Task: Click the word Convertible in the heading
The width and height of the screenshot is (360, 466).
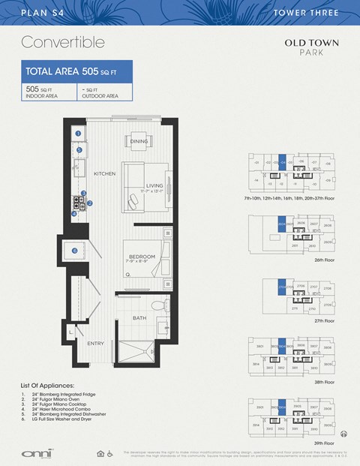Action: pyautogui.click(x=62, y=41)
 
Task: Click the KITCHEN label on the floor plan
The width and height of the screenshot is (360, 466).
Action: pyautogui.click(x=104, y=173)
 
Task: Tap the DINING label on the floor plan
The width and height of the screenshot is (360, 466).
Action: pyautogui.click(x=139, y=141)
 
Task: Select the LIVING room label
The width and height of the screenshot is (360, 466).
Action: pyautogui.click(x=154, y=185)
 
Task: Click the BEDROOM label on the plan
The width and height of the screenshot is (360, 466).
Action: pyautogui.click(x=142, y=257)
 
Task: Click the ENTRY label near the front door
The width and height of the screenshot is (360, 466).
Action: pyautogui.click(x=95, y=344)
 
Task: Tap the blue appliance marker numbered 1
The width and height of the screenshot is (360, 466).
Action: pyautogui.click(x=78, y=134)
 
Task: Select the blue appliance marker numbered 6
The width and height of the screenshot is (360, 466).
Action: pyautogui.click(x=74, y=250)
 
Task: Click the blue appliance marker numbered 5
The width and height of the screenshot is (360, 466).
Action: pyautogui.click(x=78, y=149)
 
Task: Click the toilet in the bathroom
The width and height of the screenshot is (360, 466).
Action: pyautogui.click(x=157, y=307)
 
